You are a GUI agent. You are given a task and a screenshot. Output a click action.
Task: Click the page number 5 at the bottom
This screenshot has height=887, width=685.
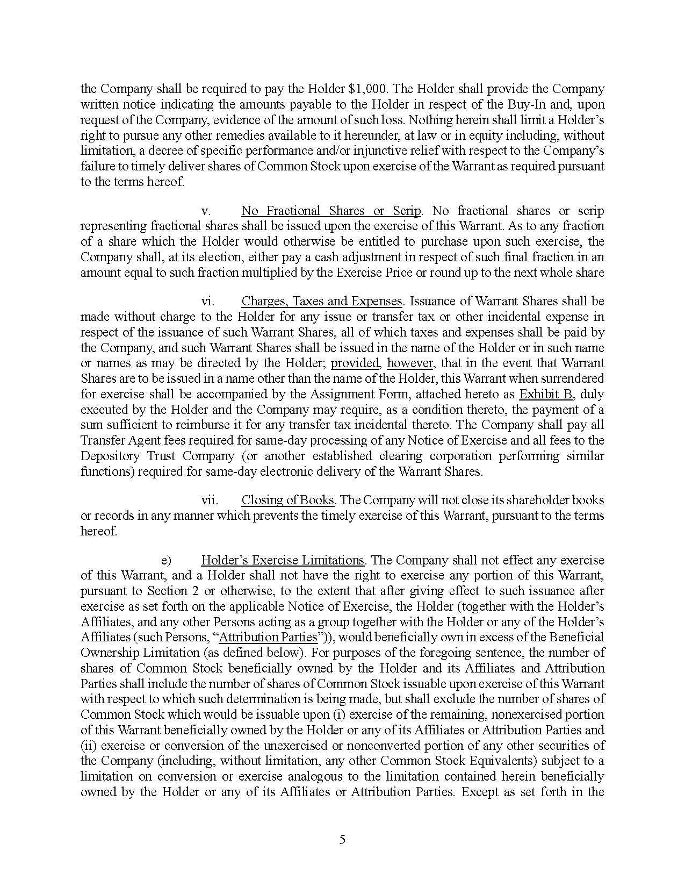(342, 840)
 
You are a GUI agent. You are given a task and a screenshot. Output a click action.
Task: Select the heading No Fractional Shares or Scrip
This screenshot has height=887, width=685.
(331, 211)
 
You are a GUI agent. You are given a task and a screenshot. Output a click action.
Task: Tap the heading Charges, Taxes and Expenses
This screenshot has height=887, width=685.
(321, 301)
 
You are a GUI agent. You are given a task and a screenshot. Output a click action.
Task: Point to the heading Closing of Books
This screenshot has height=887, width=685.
(287, 500)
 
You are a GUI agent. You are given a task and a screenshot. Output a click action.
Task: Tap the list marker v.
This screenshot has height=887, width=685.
(205, 211)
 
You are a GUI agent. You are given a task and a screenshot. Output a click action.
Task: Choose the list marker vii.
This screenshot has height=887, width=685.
(210, 500)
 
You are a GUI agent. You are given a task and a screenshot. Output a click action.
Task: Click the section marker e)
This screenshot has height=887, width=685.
(165, 560)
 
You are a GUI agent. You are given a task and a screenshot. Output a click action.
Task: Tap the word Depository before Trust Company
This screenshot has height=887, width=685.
(111, 456)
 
